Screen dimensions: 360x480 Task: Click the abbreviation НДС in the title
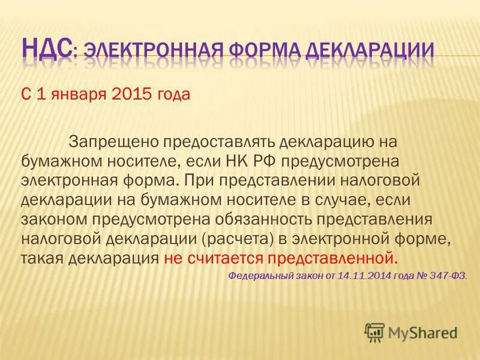pos(47,47)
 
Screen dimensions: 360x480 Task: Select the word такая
pos(43,259)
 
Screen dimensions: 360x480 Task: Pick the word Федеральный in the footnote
pos(259,276)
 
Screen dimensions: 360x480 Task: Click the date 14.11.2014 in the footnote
pos(364,276)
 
